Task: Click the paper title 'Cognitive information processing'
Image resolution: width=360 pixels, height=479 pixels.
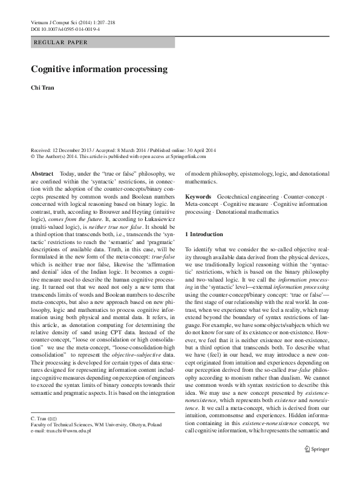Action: click(99, 69)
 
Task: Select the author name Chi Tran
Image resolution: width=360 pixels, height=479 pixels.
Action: click(43, 88)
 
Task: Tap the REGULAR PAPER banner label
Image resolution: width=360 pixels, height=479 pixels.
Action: click(61, 42)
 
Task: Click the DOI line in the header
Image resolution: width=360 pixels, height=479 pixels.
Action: click(65, 29)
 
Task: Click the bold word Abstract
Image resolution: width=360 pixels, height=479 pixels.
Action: click(42, 173)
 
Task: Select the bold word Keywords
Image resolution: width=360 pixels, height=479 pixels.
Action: click(198, 197)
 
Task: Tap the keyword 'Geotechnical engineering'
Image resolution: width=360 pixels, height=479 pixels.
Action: click(250, 197)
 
